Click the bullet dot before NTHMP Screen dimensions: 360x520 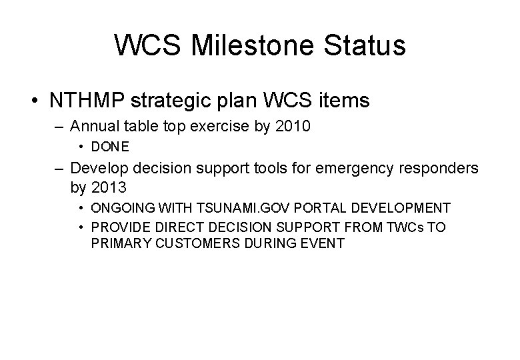point(34,100)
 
